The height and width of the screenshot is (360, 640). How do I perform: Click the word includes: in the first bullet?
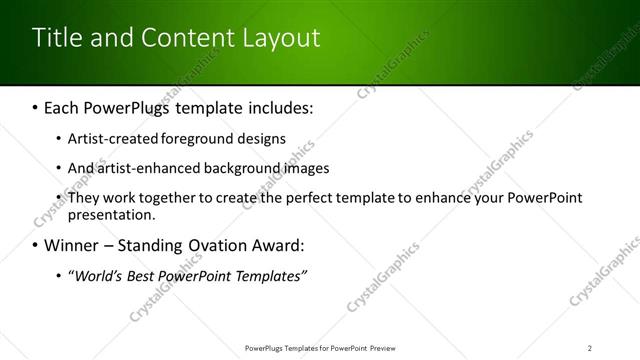pyautogui.click(x=276, y=106)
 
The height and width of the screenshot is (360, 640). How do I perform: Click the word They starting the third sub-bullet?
pyautogui.click(x=83, y=197)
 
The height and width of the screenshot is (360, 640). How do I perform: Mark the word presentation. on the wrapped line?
pyautogui.click(x=111, y=214)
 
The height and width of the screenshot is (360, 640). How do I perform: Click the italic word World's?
pyautogui.click(x=95, y=275)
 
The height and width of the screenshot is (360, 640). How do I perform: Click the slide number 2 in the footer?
pyautogui.click(x=590, y=347)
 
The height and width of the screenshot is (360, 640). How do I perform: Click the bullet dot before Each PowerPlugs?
pyautogui.click(x=36, y=107)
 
